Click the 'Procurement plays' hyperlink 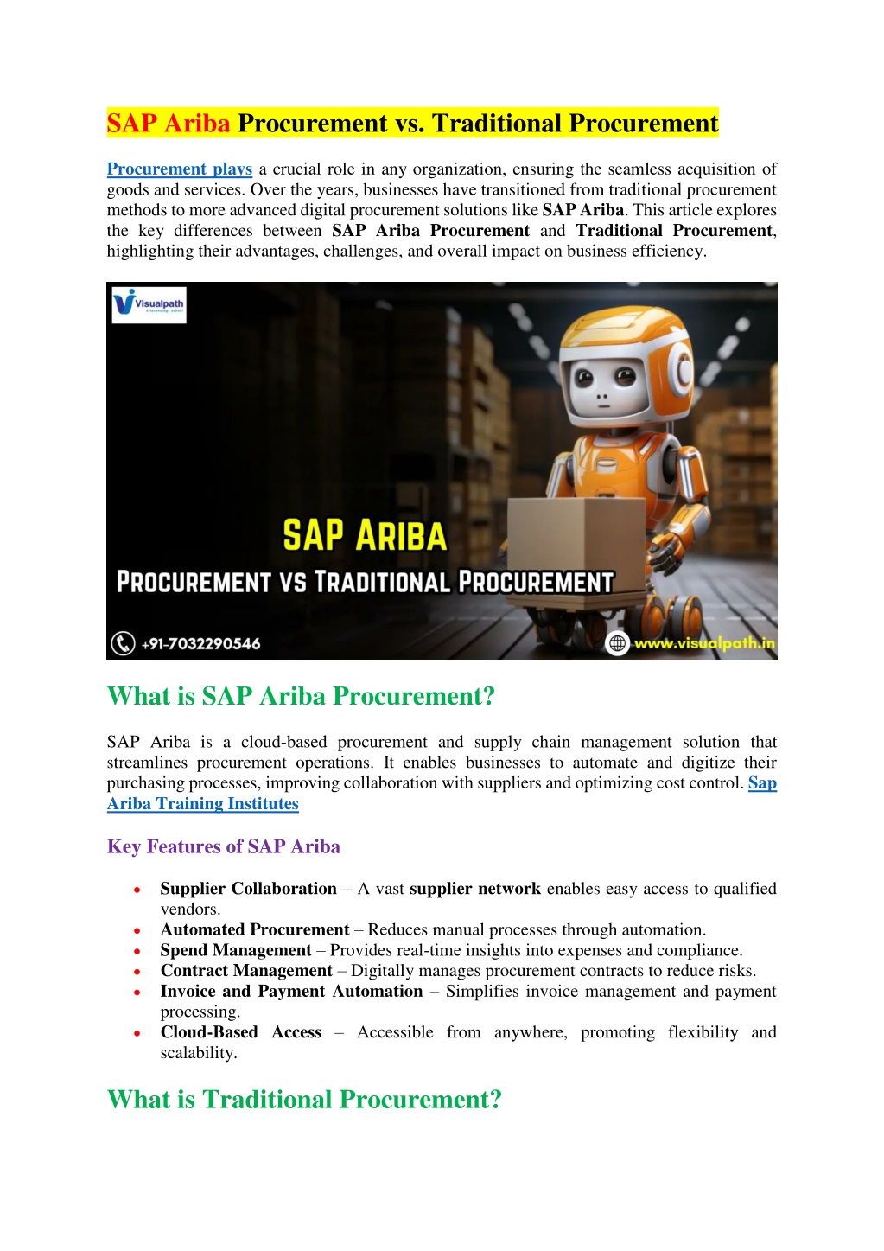179,169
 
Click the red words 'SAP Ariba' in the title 169,124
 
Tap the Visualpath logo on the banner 149,304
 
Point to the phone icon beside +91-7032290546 123,643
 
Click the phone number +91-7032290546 200,644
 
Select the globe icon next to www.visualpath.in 617,643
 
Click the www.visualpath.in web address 703,643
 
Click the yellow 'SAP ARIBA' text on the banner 365,536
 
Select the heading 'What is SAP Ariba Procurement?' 301,696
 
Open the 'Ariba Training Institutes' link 202,804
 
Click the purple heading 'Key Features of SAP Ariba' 223,846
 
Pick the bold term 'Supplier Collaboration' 248,889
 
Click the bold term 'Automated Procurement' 255,929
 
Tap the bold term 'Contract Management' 246,971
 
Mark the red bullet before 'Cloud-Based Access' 137,1033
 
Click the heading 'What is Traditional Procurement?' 304,1100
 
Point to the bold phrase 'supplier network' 475,889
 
